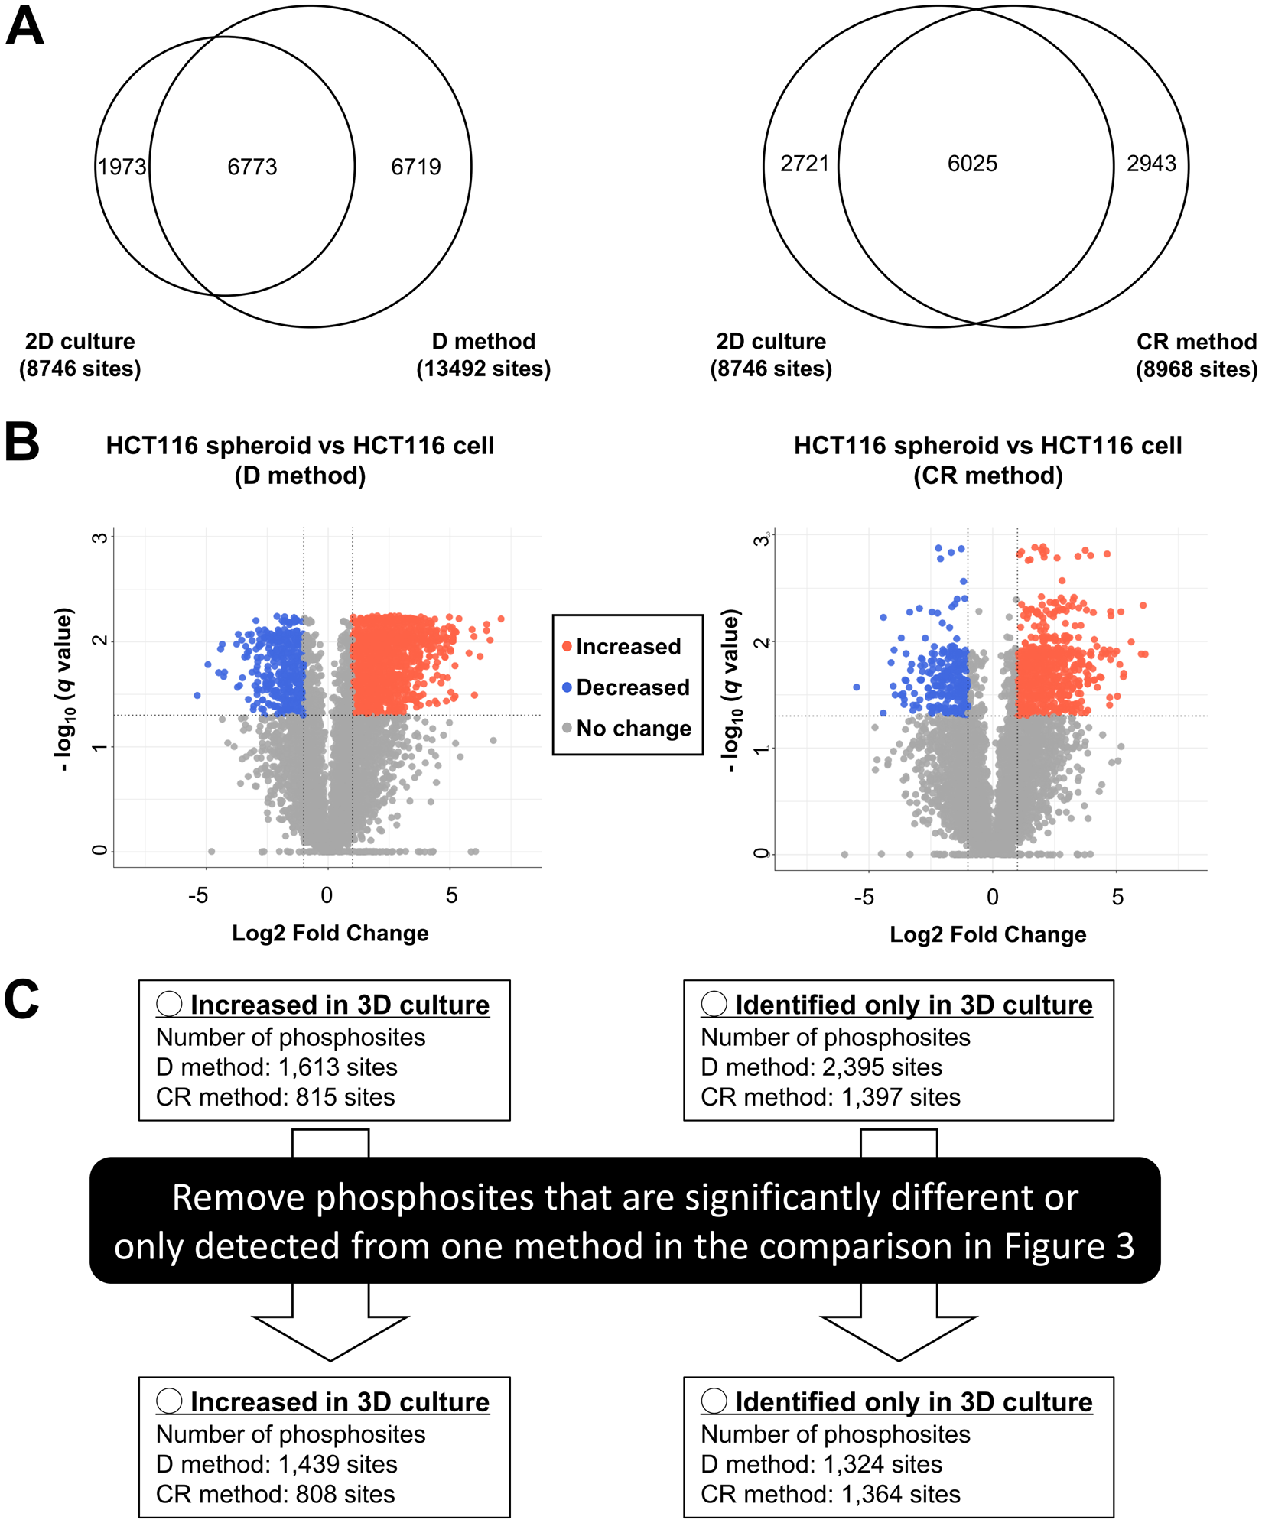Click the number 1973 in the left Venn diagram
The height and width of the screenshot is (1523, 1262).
pos(122,167)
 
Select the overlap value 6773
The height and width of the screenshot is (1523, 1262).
pos(252,167)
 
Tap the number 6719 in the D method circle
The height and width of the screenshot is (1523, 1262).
pos(415,167)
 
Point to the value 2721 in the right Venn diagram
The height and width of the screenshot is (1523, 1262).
pos(805,164)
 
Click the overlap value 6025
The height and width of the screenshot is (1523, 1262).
pos(972,164)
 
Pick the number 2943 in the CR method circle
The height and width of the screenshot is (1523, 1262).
pos(1151,164)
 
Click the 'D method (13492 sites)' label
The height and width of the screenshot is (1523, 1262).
pos(483,355)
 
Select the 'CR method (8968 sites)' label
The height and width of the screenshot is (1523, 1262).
pos(1195,355)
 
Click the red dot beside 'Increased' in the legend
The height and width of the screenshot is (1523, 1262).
pos(567,647)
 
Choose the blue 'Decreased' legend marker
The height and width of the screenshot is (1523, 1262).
pos(567,687)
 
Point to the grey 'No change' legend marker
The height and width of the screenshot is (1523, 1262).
pos(567,729)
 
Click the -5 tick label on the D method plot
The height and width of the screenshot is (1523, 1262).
pos(198,895)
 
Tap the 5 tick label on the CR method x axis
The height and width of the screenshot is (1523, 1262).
pos(1117,897)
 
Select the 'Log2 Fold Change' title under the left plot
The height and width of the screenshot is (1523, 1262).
pos(330,933)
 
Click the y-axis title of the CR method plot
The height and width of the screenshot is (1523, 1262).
pos(731,690)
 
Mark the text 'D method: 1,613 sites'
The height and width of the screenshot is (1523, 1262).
pos(276,1067)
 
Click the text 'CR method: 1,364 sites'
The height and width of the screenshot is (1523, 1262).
pos(830,1494)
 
